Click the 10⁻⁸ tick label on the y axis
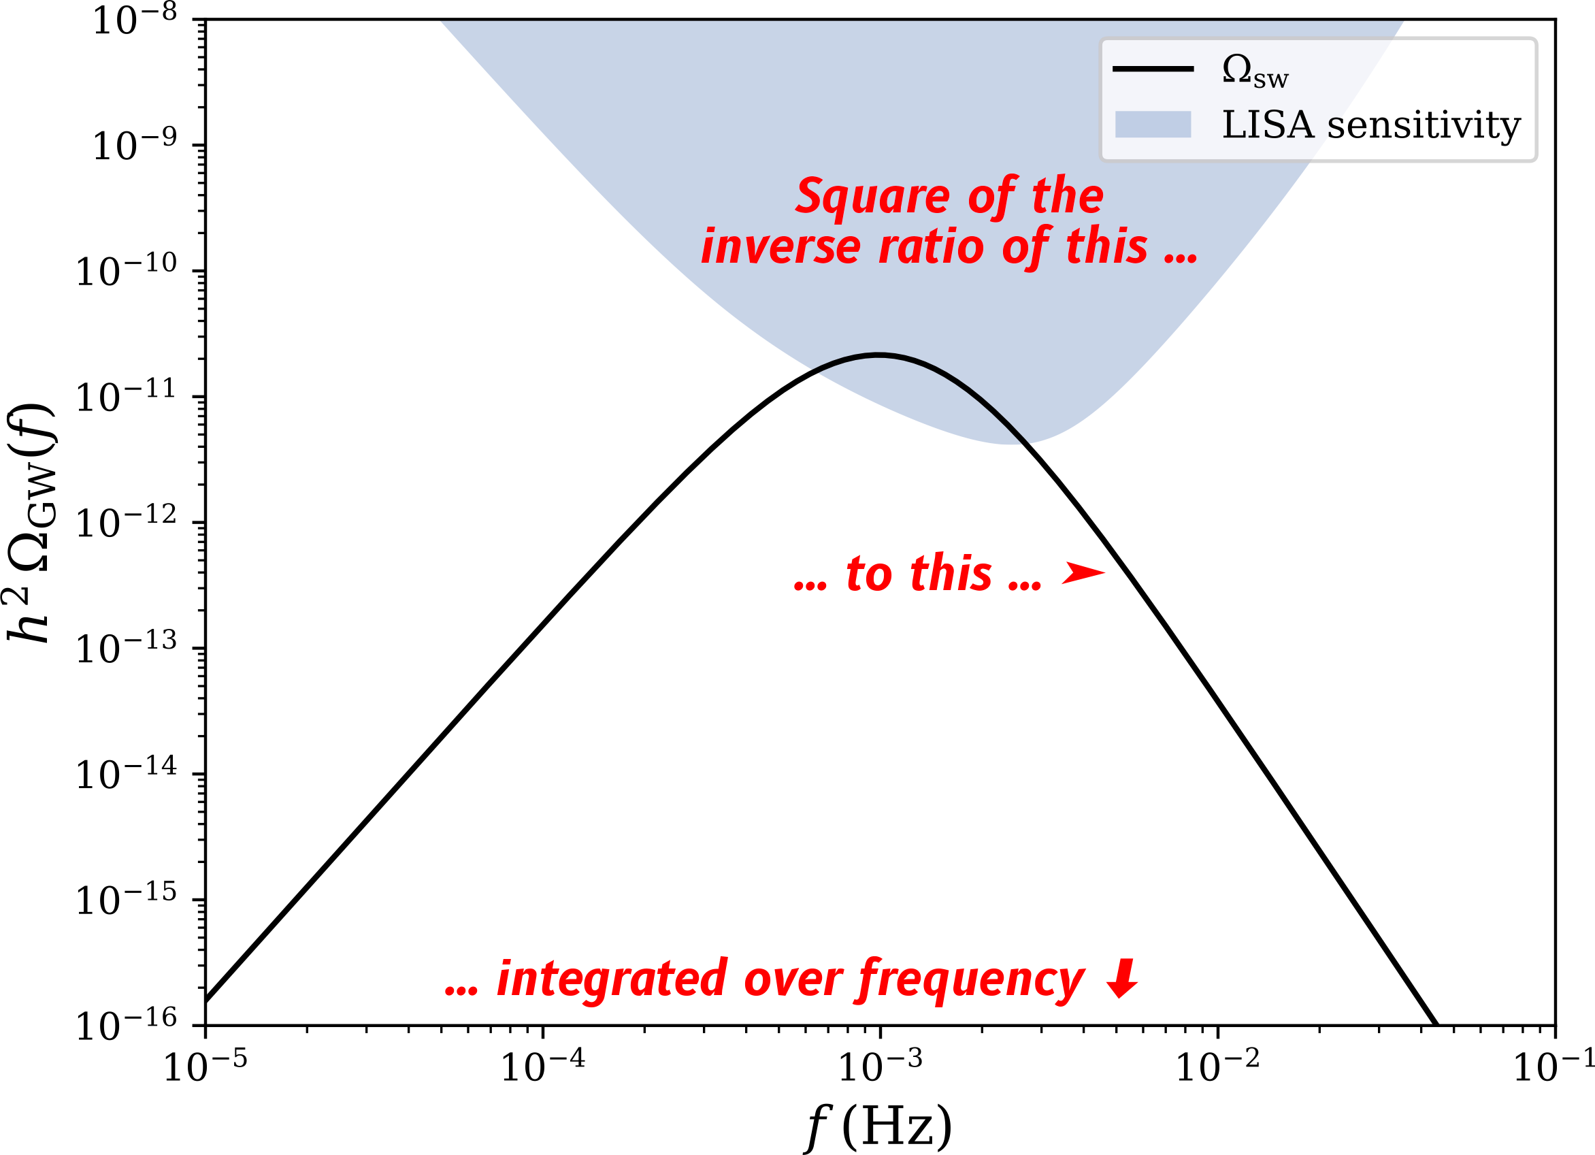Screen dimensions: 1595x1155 click(134, 19)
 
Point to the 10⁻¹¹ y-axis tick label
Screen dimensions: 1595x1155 click(126, 396)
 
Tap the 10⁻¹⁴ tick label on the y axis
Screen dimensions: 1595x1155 click(126, 773)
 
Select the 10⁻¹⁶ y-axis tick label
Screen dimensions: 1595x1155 click(126, 1024)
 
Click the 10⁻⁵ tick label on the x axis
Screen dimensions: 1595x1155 click(205, 1067)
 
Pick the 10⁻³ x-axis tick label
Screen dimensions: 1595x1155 click(881, 1067)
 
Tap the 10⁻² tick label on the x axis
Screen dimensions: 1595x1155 click(1218, 1067)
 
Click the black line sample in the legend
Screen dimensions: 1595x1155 click(1153, 69)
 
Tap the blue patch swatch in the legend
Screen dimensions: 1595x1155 click(1153, 125)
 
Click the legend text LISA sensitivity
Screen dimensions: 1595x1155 click(1372, 126)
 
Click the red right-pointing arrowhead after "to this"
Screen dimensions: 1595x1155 click(1084, 572)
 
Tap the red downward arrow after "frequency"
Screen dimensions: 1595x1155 click(1121, 979)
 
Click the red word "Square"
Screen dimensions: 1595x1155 click(873, 196)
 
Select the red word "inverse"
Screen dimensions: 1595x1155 click(780, 247)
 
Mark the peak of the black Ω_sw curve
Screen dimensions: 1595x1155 click(878, 355)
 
